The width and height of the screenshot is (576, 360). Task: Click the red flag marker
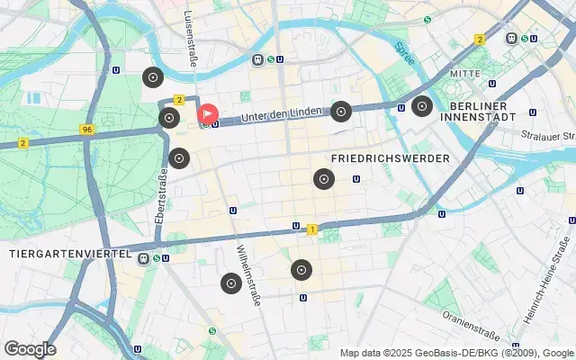point(207,114)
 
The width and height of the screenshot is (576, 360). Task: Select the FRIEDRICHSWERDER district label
point(390,158)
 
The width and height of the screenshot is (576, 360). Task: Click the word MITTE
point(465,74)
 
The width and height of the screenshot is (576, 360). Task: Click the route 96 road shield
point(86,130)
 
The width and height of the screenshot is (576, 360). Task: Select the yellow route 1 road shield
point(311,229)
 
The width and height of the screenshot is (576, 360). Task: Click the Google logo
point(30,348)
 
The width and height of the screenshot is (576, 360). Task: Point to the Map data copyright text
point(456,353)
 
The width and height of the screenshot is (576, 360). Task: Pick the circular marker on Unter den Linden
point(340,112)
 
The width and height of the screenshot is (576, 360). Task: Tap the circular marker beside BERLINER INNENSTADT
point(420,107)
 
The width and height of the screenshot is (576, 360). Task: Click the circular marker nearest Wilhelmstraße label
point(230,283)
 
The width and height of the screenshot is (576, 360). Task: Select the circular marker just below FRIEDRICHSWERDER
point(323,179)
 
